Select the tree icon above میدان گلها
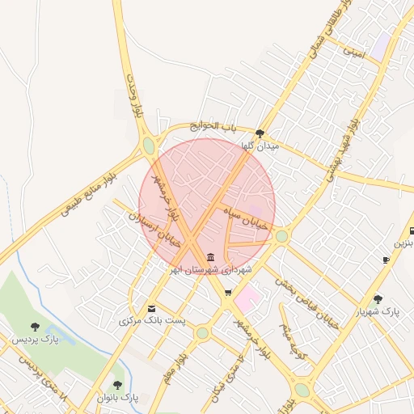pyautogui.click(x=260, y=133)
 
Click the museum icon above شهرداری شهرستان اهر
pyautogui.click(x=200, y=257)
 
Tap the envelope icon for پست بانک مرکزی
pyautogui.click(x=151, y=308)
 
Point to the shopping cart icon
pyautogui.click(x=228, y=293)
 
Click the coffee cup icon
pyautogui.click(x=387, y=260)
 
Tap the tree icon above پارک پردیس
pyautogui.click(x=35, y=327)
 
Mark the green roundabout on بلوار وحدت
pyautogui.click(x=149, y=146)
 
